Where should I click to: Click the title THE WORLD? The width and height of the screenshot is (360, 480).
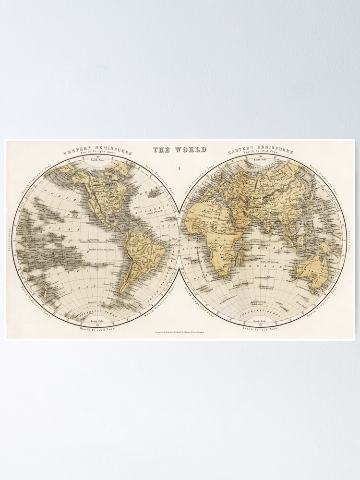tap(180, 150)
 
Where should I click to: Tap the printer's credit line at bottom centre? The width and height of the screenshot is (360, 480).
tap(180, 332)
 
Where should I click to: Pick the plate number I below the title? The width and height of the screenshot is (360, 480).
tap(179, 168)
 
